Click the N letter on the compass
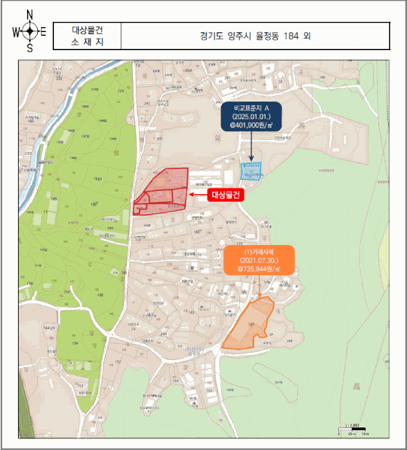click(x=30, y=14)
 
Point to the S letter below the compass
click(x=30, y=48)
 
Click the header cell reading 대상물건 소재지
click(x=87, y=36)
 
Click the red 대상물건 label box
click(x=227, y=195)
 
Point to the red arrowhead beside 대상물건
click(x=193, y=195)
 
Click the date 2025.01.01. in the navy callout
click(x=252, y=117)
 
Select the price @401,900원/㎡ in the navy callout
click(x=252, y=127)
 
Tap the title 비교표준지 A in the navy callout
click(x=252, y=107)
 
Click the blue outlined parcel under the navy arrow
click(x=251, y=171)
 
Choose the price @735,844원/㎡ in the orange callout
click(x=259, y=269)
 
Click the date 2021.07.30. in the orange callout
click(x=259, y=259)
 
